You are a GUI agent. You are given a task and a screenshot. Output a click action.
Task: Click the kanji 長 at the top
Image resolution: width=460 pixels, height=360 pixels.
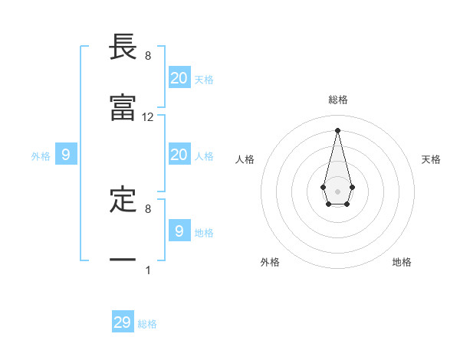point(123,47)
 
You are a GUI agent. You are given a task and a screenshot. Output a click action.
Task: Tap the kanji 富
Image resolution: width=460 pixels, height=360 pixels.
point(123,109)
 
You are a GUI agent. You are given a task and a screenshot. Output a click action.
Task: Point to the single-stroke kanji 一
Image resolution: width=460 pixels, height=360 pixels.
point(123,260)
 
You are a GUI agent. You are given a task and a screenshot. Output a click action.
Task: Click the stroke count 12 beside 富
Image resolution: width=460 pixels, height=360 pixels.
point(148,117)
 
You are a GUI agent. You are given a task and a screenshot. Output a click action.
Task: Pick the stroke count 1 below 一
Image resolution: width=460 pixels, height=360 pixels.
point(148,270)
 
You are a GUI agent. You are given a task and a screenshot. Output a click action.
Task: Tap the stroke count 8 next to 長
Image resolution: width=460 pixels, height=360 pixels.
point(148,56)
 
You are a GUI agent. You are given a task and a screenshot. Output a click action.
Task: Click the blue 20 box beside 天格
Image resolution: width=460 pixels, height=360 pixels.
point(179,78)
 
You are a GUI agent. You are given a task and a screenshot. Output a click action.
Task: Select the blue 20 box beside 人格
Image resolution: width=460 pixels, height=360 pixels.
point(179,155)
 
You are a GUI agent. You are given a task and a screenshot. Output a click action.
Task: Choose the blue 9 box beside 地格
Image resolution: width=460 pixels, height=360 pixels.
point(179,231)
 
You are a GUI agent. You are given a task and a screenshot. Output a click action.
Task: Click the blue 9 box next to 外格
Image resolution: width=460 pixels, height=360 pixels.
point(66,155)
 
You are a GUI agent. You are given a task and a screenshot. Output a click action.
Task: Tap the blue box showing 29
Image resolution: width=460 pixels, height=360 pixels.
point(123,322)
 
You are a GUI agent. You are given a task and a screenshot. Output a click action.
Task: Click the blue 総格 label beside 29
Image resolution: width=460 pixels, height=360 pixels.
point(147,324)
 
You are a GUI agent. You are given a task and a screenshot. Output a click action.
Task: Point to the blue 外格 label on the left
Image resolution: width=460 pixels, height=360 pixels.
point(41,156)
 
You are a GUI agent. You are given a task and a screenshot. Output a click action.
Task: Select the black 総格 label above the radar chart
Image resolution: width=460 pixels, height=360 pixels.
point(338,100)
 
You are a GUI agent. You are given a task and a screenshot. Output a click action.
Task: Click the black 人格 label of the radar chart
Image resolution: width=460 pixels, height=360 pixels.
point(245,159)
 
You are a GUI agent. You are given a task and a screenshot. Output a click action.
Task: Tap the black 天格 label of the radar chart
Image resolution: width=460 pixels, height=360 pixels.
point(431,159)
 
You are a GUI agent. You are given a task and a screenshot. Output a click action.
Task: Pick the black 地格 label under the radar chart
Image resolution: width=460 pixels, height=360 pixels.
point(402,262)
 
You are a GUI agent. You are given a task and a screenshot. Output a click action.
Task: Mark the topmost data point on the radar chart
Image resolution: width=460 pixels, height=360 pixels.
point(337,129)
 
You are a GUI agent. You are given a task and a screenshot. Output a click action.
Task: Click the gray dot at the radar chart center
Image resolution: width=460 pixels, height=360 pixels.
point(337,190)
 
